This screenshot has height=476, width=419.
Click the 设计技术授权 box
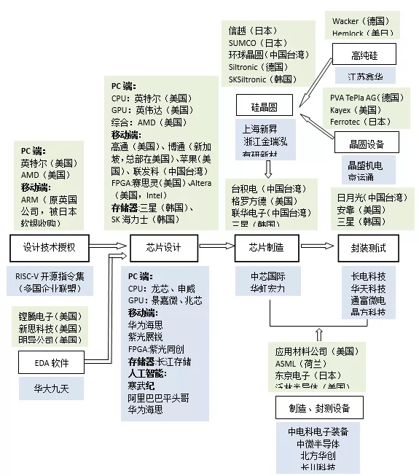49,248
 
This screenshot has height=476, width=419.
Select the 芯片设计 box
163,248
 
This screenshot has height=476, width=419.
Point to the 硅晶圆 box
265,106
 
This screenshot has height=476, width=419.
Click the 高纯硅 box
364,54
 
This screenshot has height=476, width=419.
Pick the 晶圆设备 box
367,143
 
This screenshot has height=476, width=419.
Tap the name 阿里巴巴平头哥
159,397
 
